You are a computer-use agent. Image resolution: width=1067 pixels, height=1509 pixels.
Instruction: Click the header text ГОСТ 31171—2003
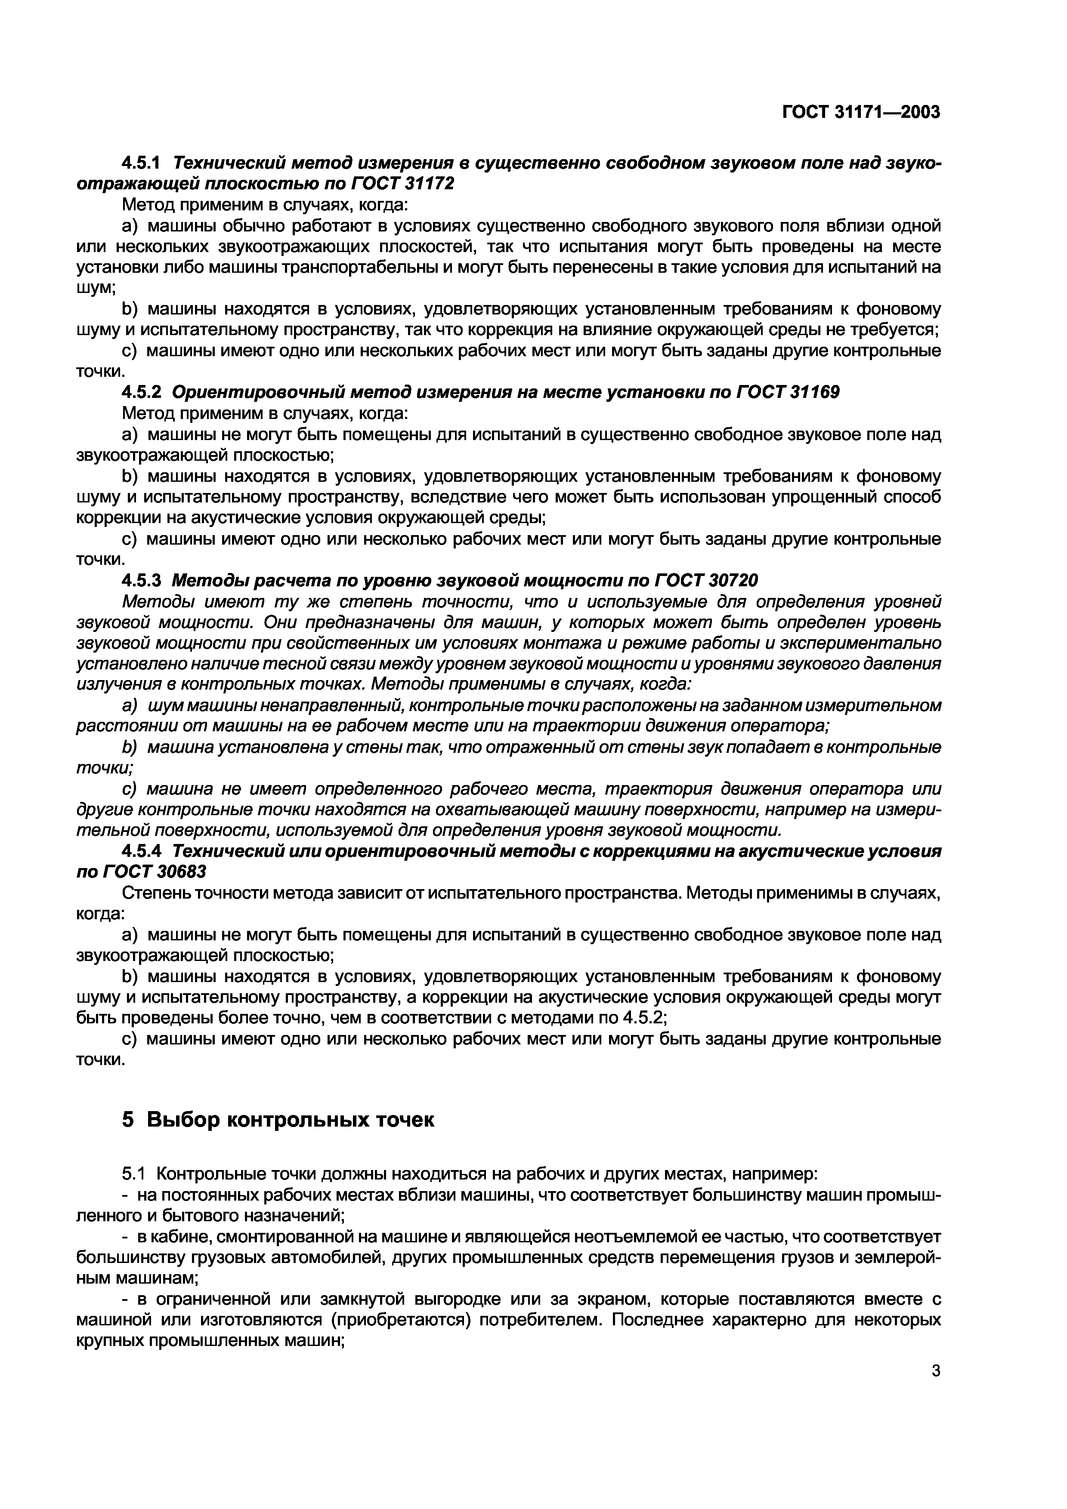[x=861, y=112]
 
